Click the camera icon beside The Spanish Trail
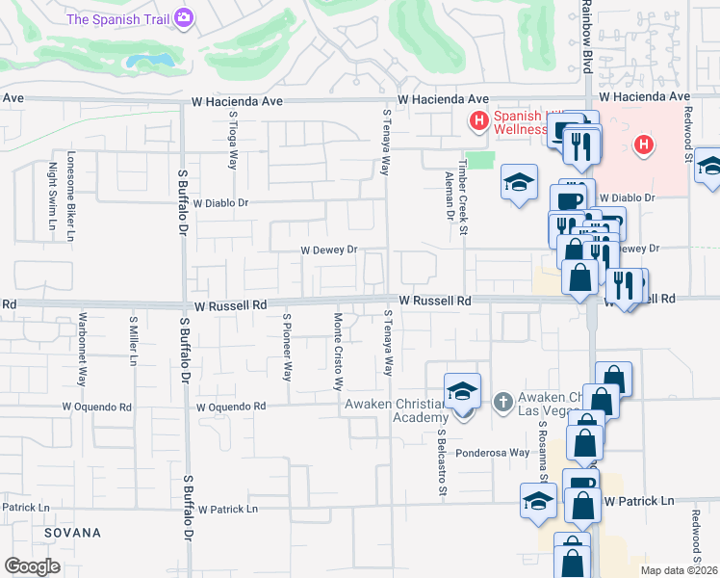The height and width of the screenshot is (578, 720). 185,17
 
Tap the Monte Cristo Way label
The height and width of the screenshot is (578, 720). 338,351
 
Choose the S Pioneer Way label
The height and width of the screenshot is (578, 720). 287,345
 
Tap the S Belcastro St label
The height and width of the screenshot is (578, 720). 442,463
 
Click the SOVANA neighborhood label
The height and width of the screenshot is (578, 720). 71,533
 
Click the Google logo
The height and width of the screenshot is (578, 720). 32,566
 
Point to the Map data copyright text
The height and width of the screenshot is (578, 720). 680,570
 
